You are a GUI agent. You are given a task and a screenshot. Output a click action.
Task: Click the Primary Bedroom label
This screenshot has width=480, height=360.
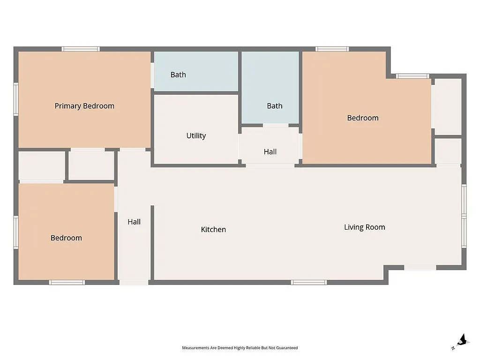coord(84,106)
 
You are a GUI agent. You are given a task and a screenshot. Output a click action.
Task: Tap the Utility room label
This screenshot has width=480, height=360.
coord(196,135)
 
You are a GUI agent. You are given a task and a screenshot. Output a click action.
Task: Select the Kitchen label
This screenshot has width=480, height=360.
coord(213,229)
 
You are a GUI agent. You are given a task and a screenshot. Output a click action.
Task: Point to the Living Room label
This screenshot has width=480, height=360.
coord(364,227)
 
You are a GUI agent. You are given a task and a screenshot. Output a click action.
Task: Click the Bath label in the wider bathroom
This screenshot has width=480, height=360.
coord(178,75)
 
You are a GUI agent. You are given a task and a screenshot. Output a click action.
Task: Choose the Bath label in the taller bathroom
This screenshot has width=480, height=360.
coord(275,106)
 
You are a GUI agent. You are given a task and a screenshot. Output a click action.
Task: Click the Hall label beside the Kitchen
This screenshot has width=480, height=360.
coord(134,222)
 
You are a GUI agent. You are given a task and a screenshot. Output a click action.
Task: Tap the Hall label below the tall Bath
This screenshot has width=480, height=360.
coord(270,151)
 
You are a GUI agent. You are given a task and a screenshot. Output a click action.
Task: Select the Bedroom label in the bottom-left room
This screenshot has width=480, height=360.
coord(66,238)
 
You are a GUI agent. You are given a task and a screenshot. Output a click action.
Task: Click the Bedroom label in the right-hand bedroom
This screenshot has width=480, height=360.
coord(362,118)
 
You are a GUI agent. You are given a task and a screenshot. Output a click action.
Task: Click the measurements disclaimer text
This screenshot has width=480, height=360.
coord(240,348)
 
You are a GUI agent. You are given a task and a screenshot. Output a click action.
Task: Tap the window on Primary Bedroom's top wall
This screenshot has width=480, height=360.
coord(81,49)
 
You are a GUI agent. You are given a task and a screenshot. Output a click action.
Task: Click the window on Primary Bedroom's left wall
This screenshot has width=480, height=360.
coord(16,99)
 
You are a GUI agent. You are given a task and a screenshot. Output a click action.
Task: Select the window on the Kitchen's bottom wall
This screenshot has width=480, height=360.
coord(308,282)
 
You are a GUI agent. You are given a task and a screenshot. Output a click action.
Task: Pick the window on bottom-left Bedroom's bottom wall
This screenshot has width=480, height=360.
coord(67,282)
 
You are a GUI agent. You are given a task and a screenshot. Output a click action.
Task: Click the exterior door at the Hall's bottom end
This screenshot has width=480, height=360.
coord(134,282)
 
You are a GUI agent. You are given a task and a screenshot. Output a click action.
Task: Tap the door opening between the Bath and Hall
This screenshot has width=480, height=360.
coord(276,125)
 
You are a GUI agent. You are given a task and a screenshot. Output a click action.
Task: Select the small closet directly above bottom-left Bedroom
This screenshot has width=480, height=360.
coord(41,165)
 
